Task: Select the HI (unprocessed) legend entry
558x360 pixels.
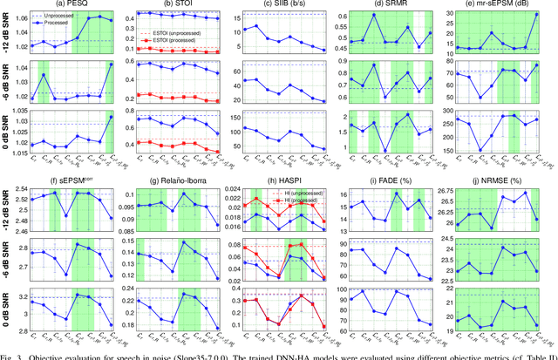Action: tap(307, 193)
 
